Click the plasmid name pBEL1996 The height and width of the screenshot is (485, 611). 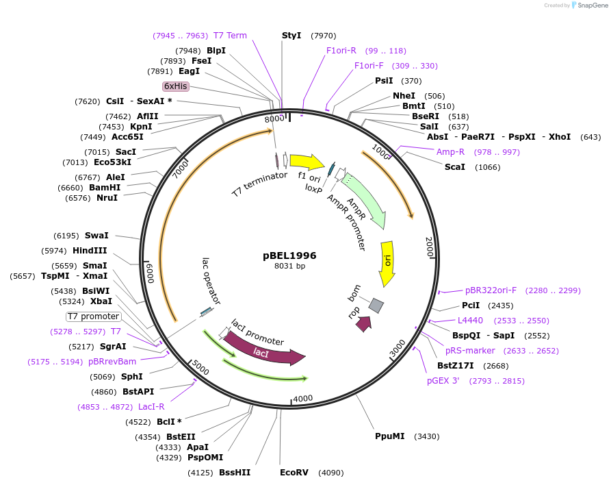point(289,256)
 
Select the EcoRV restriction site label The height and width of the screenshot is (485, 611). point(294,473)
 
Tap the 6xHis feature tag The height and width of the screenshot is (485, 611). point(176,86)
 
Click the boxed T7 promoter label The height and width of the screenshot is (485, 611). point(94,316)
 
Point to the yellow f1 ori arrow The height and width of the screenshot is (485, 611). point(307,162)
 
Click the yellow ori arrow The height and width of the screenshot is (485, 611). point(387,263)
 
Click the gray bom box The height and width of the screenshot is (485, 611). point(376,306)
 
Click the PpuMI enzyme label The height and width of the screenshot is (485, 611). point(389,436)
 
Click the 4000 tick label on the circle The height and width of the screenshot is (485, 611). point(302,398)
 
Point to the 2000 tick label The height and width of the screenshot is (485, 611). point(430,247)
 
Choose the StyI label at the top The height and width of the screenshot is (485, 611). point(291,36)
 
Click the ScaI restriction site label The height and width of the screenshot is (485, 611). point(454,167)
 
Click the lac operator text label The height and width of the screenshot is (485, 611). point(211,280)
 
